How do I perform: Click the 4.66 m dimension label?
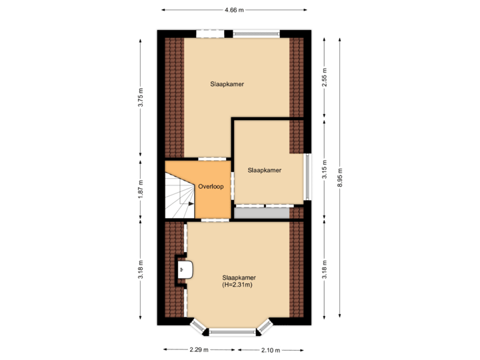tap(234, 10)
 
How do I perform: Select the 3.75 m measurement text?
tap(141, 97)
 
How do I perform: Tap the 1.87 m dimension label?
tap(141, 189)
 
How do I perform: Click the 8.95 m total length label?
tap(340, 177)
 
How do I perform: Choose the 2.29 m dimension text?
tap(198, 350)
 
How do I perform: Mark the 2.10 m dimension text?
tap(270, 350)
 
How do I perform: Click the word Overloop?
tap(211, 187)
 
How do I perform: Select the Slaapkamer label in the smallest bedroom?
tap(265, 170)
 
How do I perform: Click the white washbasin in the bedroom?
tap(187, 270)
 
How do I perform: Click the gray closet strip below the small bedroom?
tap(262, 213)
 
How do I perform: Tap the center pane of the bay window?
tap(233, 331)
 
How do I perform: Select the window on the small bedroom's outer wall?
tap(307, 177)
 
